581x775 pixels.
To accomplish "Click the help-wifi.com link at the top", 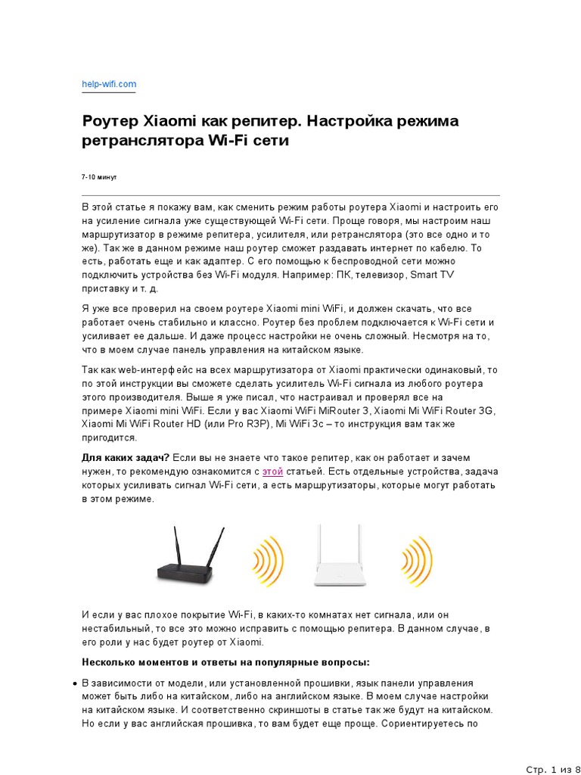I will click(109, 84).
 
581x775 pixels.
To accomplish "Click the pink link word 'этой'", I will click(272, 472).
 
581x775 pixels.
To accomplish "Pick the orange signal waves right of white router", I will click(416, 561).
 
